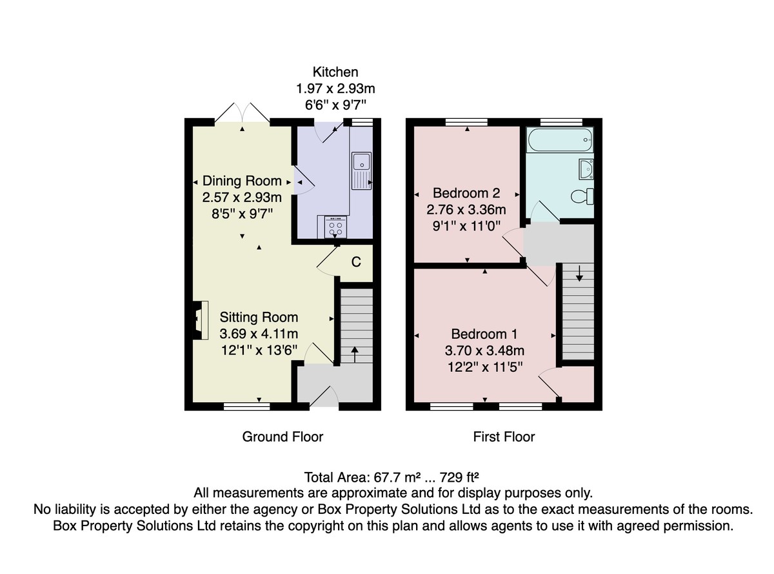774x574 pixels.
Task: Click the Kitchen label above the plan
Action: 335,72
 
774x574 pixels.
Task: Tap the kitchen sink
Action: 362,171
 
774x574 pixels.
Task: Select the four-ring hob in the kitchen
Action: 335,227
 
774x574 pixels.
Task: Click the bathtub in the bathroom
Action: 560,139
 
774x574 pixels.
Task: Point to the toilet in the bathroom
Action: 582,196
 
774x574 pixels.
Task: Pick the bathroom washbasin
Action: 586,169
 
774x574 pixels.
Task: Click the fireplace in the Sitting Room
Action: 200,320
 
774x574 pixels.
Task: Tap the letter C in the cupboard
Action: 356,262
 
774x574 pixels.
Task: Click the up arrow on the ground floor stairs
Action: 355,354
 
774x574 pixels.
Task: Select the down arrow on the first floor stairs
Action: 579,274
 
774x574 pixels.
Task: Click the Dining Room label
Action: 242,181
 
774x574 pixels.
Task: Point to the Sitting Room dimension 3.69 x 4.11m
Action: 259,334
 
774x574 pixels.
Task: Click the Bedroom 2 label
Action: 466,193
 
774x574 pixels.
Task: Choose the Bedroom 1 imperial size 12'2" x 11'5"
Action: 484,367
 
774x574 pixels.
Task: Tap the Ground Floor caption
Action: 283,436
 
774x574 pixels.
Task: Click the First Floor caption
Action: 504,436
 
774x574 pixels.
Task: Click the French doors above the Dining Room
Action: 242,112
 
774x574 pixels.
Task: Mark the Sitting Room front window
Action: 247,406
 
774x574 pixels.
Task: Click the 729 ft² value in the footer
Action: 459,477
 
